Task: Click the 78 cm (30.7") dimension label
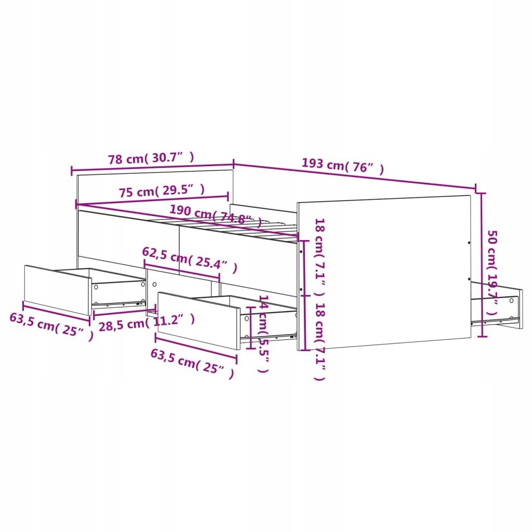tap(151, 158)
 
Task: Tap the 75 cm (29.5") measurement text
tap(162, 191)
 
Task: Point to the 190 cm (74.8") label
tap(216, 216)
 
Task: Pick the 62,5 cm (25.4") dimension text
tap(190, 260)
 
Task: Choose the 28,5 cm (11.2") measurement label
tap(147, 322)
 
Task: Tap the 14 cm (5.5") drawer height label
tap(263, 334)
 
